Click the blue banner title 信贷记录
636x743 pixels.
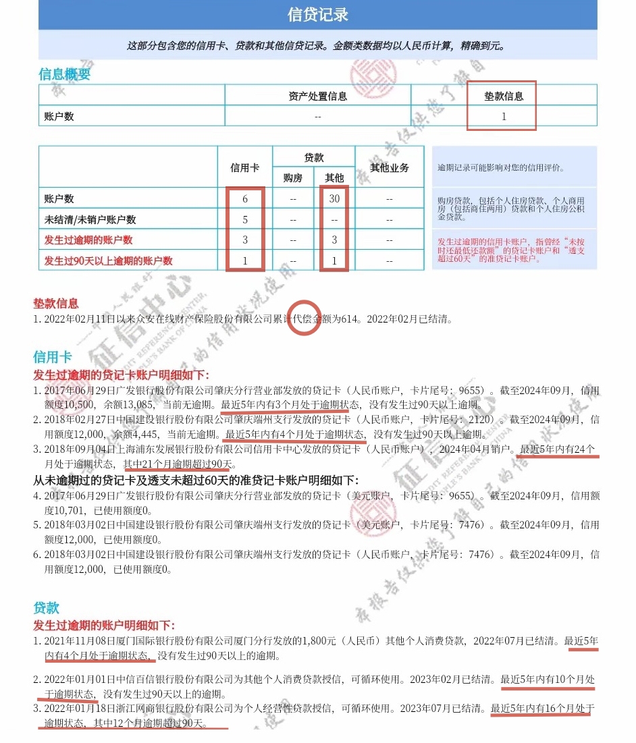(317, 15)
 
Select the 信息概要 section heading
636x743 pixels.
(65, 74)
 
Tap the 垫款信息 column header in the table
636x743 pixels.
(504, 96)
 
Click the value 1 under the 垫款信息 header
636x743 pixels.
(504, 116)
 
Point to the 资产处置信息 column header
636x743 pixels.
(317, 96)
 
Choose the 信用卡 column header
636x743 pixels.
(244, 167)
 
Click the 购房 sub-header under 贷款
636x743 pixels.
(293, 178)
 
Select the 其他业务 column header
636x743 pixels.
(390, 167)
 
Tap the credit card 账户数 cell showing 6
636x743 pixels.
(244, 199)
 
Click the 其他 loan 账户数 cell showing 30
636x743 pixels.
(334, 199)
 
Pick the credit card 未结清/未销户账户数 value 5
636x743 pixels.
(244, 219)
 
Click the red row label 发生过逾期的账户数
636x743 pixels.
(88, 240)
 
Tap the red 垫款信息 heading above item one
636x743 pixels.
(56, 304)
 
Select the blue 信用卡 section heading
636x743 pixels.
(52, 357)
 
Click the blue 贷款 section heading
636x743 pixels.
(47, 608)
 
